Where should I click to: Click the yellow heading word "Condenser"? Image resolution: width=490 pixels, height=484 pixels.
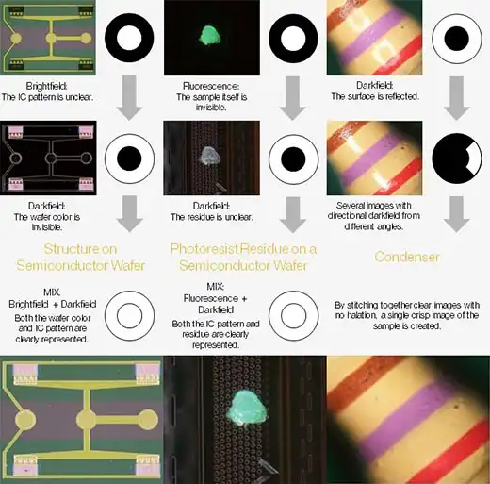pos(407,257)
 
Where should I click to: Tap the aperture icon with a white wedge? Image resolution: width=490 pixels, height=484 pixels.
pos(457,159)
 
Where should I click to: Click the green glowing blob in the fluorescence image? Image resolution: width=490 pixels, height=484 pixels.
pos(210,36)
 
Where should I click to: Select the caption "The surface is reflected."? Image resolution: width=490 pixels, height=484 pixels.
pos(375,96)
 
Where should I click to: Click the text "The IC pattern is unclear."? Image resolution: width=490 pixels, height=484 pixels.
pos(47,97)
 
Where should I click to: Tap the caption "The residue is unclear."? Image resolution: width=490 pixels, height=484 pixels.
pos(211,217)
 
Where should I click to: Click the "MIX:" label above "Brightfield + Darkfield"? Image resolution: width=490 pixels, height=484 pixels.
pos(52,292)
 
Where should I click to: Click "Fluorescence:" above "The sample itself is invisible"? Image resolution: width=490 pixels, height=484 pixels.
pos(211,86)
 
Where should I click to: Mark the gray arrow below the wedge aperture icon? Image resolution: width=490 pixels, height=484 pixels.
pos(457,214)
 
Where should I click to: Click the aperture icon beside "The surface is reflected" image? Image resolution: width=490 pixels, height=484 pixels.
pos(457,39)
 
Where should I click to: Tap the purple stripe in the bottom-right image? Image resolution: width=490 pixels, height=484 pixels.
pos(408,418)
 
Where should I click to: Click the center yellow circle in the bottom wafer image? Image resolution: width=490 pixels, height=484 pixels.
pos(86,420)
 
